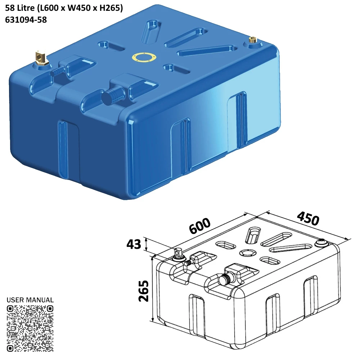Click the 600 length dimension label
(199, 226)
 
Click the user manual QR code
(30, 328)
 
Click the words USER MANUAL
(30, 300)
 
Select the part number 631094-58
(26, 20)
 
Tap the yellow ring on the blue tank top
(143, 57)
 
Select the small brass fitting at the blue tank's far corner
(252, 40)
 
